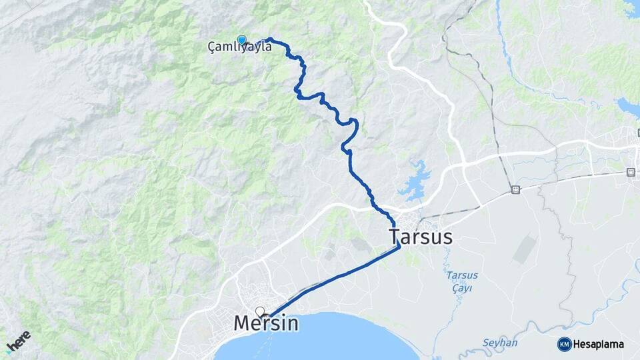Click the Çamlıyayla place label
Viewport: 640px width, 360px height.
click(239, 47)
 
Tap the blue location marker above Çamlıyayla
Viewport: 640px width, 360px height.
click(241, 40)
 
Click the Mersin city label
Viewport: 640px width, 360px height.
click(266, 323)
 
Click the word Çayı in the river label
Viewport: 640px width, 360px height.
click(461, 287)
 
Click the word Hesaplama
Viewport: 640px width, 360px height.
click(598, 344)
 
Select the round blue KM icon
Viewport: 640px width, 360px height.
click(564, 344)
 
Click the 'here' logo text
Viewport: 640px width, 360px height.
click(21, 339)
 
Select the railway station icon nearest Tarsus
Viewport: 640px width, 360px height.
click(515, 190)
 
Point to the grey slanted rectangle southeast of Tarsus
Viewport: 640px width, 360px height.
click(525, 249)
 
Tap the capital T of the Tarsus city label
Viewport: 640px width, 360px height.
click(394, 237)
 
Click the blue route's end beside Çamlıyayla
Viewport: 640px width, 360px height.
click(269, 39)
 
